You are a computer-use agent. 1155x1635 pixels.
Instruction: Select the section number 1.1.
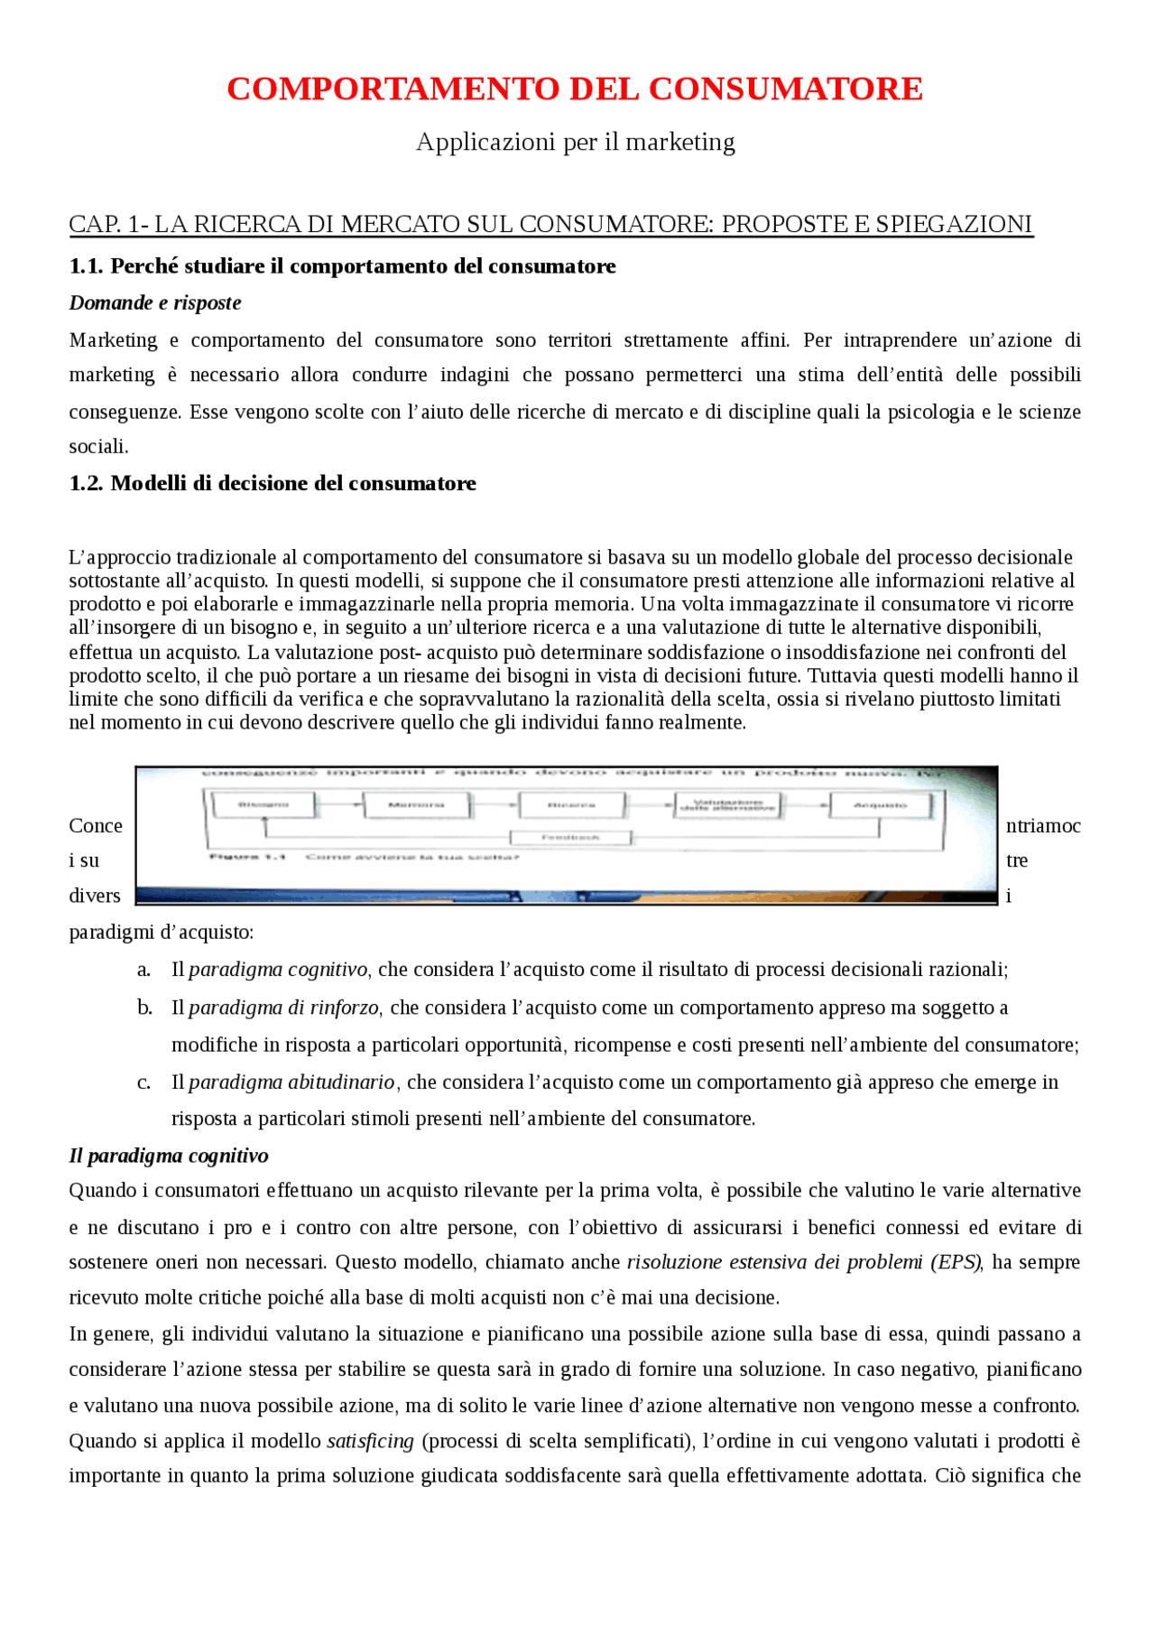click(87, 266)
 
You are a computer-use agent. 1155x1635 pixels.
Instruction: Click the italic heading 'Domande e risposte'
click(155, 302)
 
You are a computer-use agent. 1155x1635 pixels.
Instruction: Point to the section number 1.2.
click(87, 483)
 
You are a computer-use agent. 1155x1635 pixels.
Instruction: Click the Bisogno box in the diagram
click(263, 804)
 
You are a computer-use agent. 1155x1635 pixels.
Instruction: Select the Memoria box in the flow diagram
click(417, 804)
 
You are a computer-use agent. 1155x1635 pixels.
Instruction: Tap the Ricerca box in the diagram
click(572, 804)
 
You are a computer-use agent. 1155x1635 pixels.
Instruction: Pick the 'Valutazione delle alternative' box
click(727, 804)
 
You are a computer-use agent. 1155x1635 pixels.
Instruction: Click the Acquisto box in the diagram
click(881, 804)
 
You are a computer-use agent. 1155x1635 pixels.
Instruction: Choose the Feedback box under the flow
click(570, 837)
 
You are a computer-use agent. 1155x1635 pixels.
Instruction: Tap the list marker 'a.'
click(144, 970)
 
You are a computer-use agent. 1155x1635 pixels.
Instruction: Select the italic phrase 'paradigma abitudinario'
click(291, 1082)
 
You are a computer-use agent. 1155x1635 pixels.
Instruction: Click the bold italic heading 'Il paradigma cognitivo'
click(169, 1156)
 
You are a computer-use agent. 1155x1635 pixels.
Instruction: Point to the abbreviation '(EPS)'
click(956, 1262)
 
